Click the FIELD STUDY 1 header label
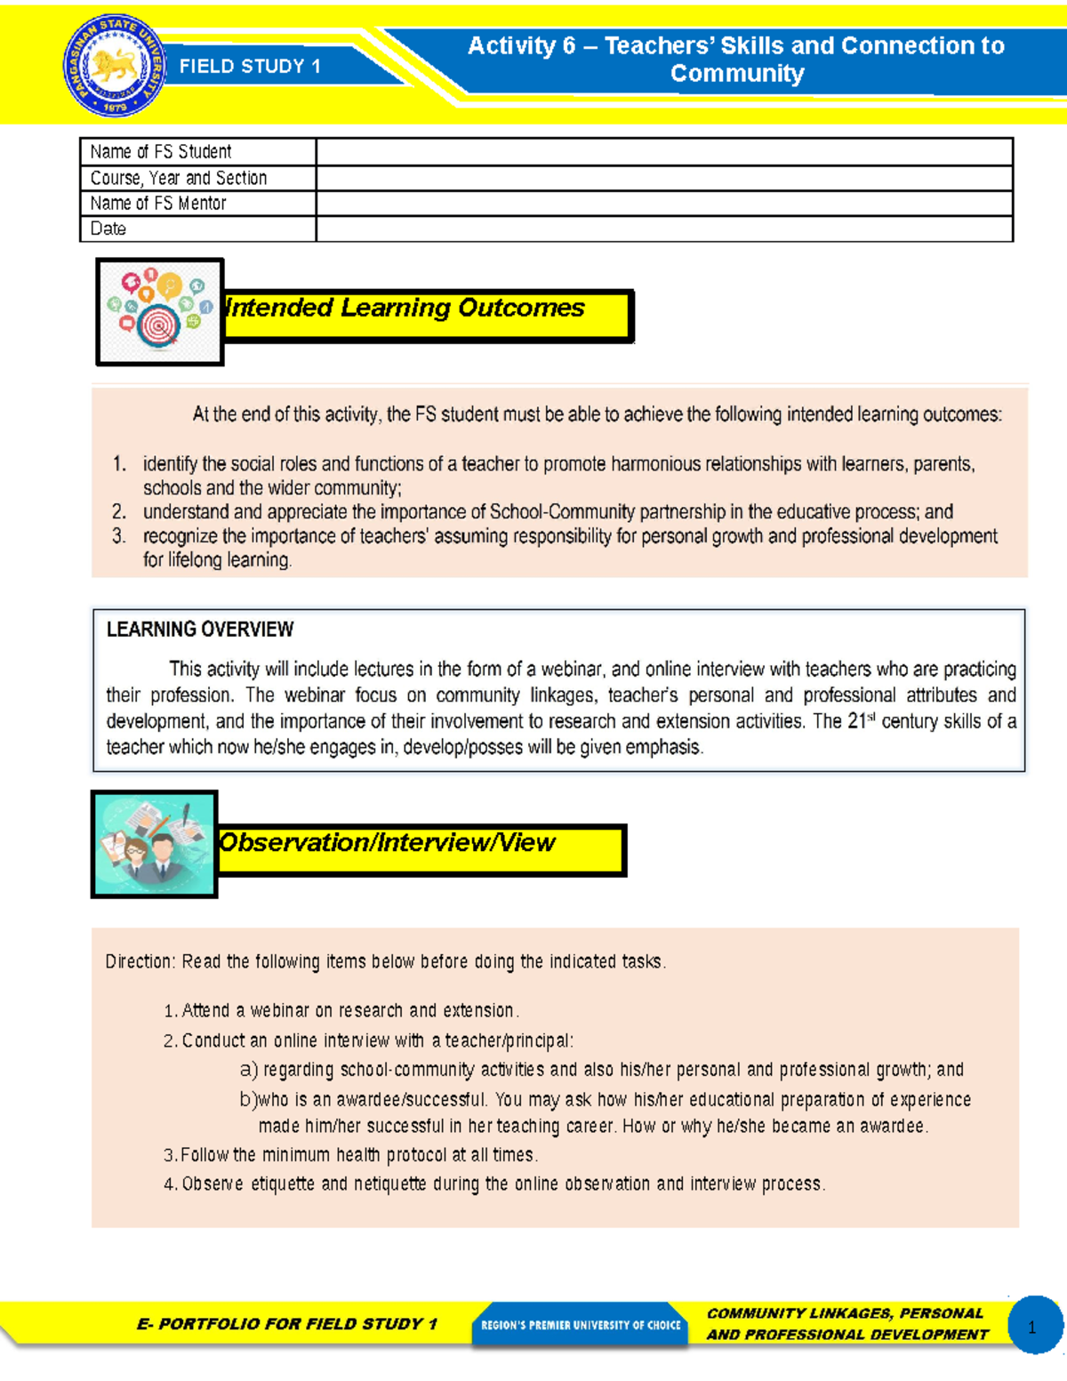coord(250,67)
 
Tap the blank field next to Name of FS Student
coord(664,152)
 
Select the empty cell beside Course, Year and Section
coord(664,178)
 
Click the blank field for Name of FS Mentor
coord(664,204)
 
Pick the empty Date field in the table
coord(664,229)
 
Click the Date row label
coord(108,229)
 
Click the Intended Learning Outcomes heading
coord(406,309)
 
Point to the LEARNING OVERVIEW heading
coord(200,630)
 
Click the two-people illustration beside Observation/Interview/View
coord(155,844)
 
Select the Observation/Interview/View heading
coord(388,843)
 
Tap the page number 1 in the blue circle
coord(1032,1327)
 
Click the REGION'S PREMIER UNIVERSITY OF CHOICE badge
coord(580,1325)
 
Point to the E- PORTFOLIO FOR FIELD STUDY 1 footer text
coord(287,1324)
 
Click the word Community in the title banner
coord(737,74)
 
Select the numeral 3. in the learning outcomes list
coord(119,536)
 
